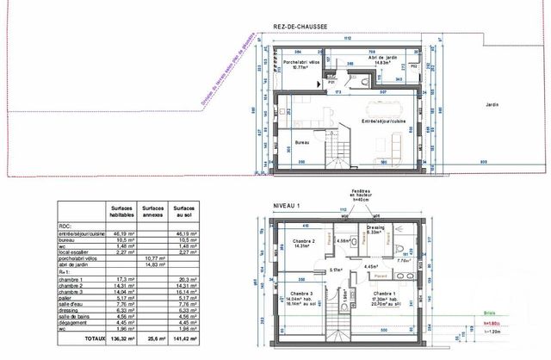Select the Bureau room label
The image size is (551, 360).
301,142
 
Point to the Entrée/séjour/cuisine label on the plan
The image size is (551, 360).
385,122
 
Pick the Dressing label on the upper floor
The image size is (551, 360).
375,228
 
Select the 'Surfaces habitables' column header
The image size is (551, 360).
121,210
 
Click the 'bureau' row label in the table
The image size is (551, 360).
71,233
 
